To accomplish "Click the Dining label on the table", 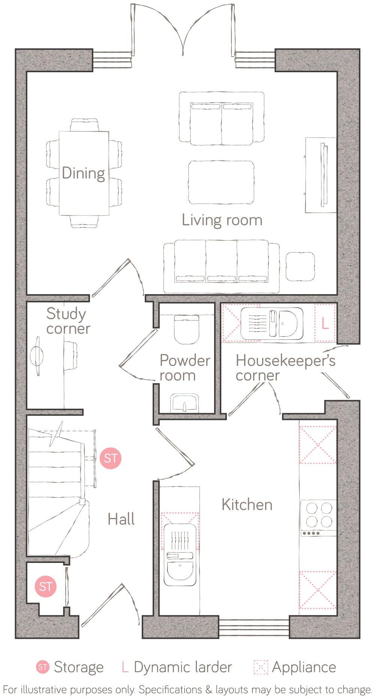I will [83, 173].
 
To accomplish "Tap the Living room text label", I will [222, 220].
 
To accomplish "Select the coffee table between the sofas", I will [221, 183].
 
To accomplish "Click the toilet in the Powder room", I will [186, 329].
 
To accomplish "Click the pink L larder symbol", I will [325, 323].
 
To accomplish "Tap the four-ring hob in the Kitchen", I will [318, 515].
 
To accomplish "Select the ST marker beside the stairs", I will [111, 458].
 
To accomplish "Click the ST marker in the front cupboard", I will [45, 586].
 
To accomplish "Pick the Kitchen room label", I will [247, 505].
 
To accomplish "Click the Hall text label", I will [121, 519].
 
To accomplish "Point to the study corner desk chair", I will [70, 355].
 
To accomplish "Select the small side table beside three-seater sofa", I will [300, 266].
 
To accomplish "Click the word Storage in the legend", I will [78, 667].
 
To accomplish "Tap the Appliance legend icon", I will [261, 667].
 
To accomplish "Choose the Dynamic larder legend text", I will [183, 667].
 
